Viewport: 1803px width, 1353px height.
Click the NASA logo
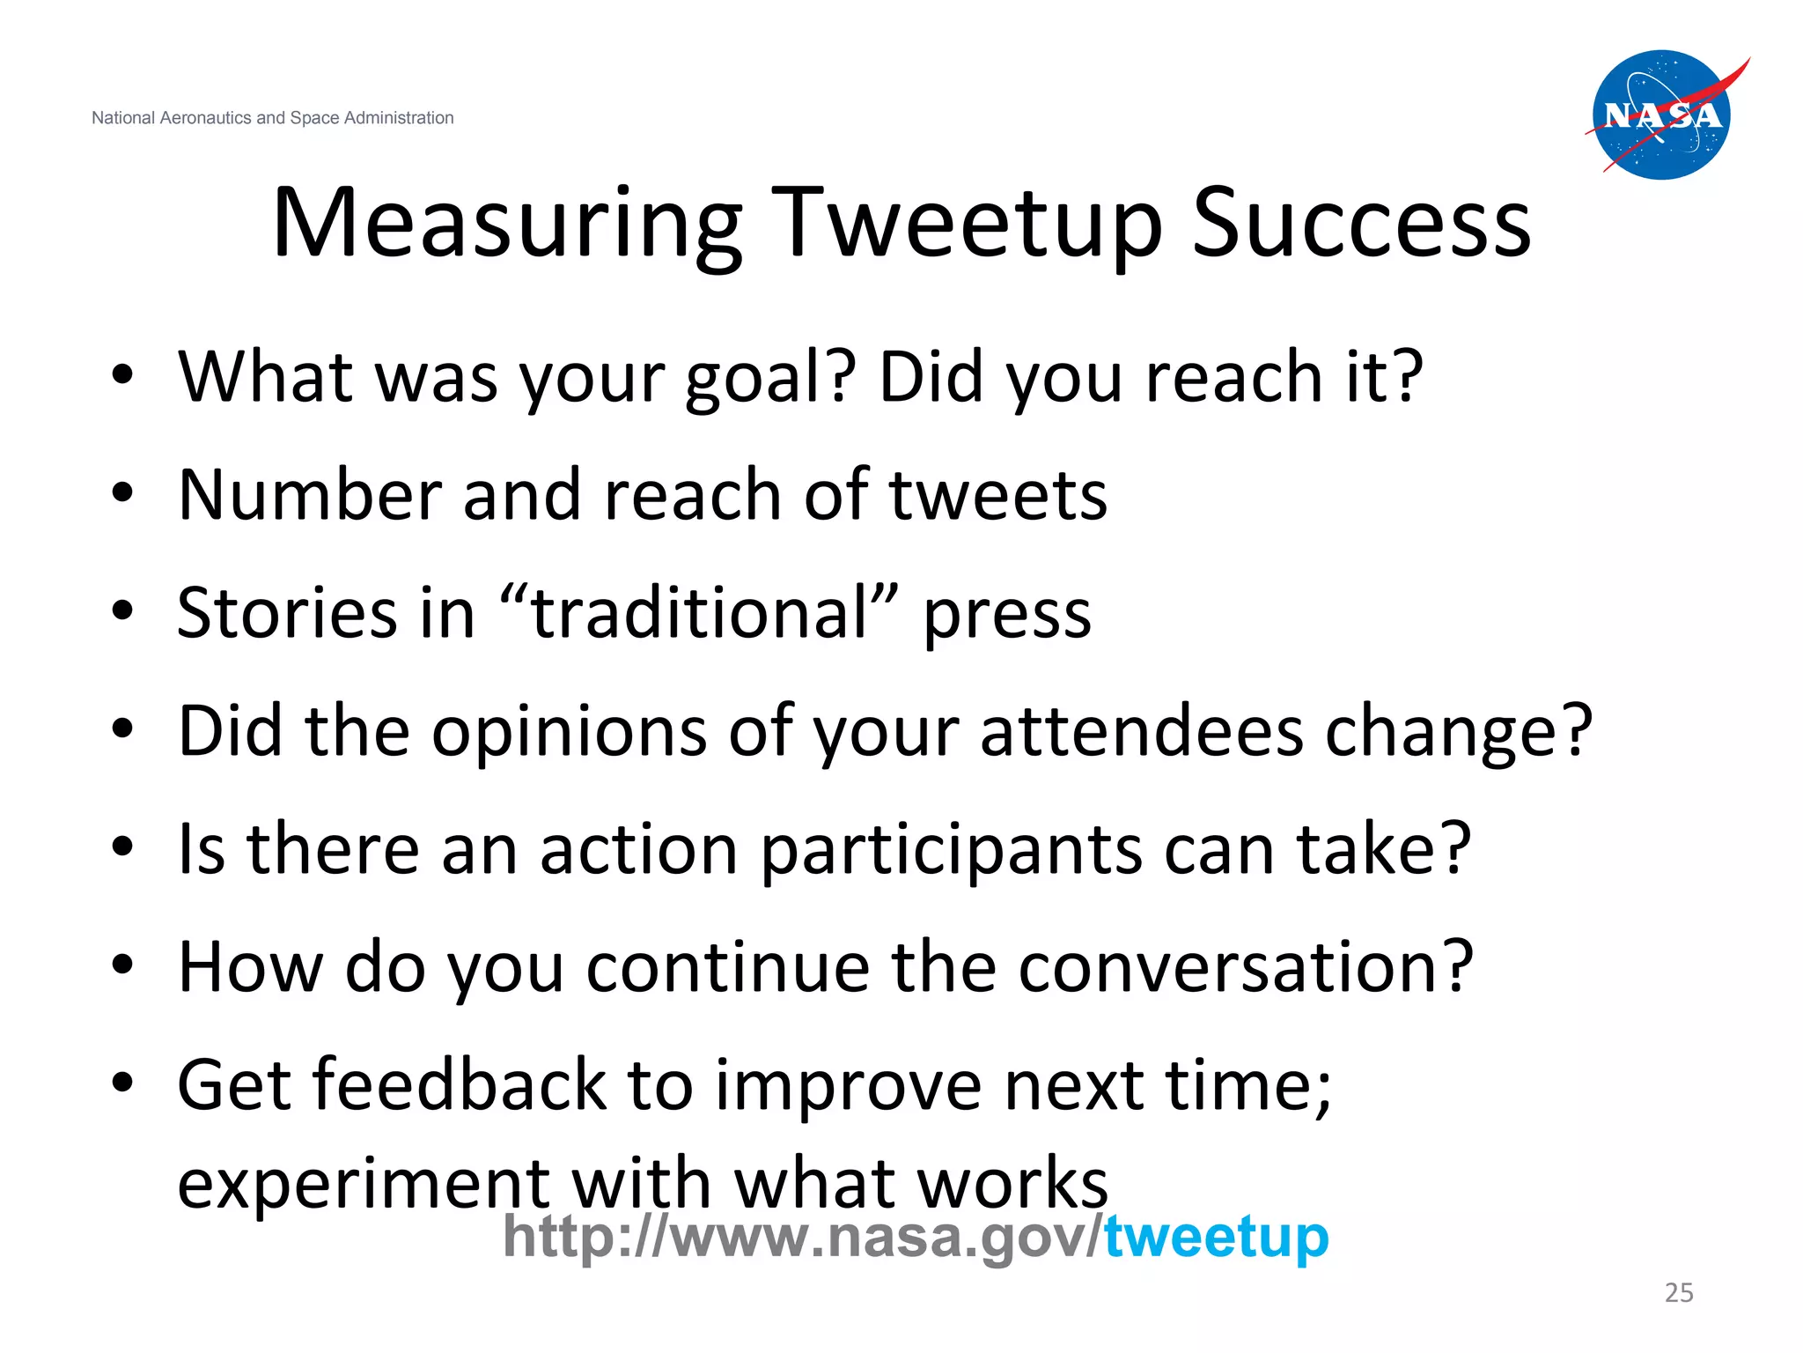click(x=1661, y=115)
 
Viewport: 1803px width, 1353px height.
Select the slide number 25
click(x=1678, y=1292)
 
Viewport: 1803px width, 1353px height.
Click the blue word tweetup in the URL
click(x=1216, y=1237)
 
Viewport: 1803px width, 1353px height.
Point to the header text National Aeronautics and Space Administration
click(x=272, y=118)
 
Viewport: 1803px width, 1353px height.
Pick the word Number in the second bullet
click(x=309, y=495)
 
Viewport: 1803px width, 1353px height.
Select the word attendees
click(x=1141, y=731)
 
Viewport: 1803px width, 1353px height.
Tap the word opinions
click(x=569, y=733)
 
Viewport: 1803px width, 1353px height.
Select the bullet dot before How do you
click(x=122, y=965)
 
